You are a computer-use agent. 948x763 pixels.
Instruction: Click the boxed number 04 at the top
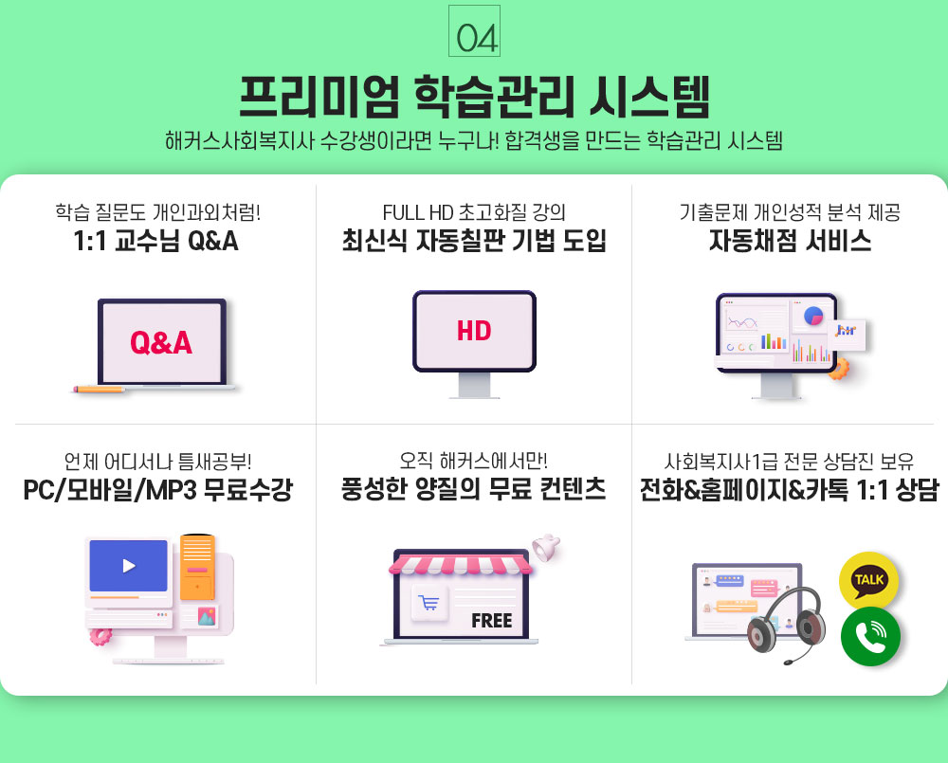coord(475,31)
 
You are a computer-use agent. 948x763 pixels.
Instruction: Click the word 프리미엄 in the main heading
coord(319,97)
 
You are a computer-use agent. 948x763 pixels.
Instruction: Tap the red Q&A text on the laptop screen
coord(161,342)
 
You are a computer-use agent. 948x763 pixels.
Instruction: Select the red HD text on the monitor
coord(474,331)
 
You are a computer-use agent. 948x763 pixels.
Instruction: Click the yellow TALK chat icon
coord(868,580)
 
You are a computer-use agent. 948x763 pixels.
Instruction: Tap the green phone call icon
coord(870,637)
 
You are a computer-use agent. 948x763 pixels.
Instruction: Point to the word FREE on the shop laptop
coord(491,620)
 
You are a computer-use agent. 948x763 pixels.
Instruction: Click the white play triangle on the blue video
coord(129,566)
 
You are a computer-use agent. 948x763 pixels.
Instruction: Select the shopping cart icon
coord(429,602)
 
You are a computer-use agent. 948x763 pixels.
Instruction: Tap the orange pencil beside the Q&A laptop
coord(100,390)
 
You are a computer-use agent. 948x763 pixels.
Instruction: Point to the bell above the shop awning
coord(546,548)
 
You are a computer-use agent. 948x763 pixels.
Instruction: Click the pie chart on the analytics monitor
coord(813,316)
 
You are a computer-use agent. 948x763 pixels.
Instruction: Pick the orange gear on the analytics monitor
coord(839,368)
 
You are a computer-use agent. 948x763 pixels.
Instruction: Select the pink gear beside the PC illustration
coord(100,636)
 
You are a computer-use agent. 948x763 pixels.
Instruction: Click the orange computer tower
coord(197,567)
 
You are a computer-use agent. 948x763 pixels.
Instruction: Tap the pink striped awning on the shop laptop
coord(461,565)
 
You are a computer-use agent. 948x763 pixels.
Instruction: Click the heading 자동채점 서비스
coord(791,241)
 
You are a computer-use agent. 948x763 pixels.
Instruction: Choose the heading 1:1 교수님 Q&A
coord(156,241)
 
